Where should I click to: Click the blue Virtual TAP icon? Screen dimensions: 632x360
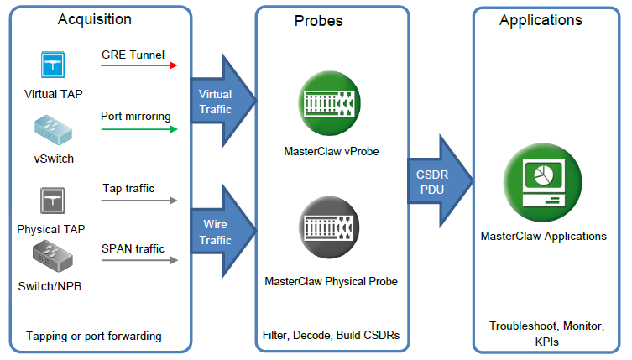52,65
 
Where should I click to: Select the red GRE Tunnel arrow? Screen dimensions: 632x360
139,65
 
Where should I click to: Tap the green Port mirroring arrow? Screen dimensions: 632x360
139,129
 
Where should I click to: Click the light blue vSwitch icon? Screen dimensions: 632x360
53,130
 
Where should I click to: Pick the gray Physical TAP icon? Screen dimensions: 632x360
52,201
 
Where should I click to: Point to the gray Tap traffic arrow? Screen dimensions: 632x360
139,201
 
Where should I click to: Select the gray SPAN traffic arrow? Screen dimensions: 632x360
139,260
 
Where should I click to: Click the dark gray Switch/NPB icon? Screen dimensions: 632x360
53,256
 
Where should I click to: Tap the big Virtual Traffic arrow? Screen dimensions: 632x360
223,101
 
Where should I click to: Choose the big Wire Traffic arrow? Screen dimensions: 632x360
223,232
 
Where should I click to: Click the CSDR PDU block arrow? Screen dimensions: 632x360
440,181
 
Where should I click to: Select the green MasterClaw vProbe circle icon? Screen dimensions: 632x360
329,103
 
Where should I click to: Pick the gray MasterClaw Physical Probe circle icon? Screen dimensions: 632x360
329,227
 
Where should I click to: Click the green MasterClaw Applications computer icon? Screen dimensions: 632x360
542,183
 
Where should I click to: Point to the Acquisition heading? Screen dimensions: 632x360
95,19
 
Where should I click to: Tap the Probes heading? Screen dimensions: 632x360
318,21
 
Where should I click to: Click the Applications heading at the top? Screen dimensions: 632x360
541,20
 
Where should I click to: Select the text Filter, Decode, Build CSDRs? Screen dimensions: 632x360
331,335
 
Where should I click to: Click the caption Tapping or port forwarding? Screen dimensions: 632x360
94,337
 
